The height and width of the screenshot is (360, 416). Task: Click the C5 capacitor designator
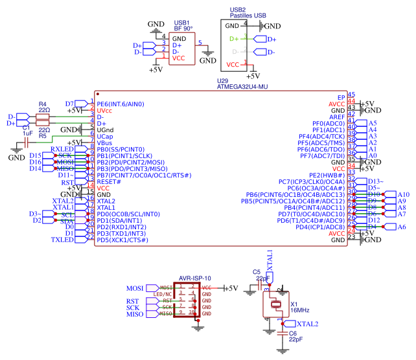[x=256, y=272]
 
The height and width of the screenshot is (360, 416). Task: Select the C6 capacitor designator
[x=292, y=333]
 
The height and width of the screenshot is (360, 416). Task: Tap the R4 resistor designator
[x=43, y=104]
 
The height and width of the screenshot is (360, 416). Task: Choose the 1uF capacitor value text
[x=27, y=133]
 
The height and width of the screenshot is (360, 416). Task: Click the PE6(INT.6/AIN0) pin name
[x=121, y=104]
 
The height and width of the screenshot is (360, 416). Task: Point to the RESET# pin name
[x=109, y=182]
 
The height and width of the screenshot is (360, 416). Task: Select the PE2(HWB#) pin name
[x=327, y=175]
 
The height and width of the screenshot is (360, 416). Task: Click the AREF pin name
[x=337, y=117]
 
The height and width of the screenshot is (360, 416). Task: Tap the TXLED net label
[x=62, y=240]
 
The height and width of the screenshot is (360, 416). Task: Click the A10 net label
[x=403, y=194]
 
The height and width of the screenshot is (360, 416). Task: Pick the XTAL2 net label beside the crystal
[x=307, y=323]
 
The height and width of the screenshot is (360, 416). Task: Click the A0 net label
[x=372, y=155]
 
